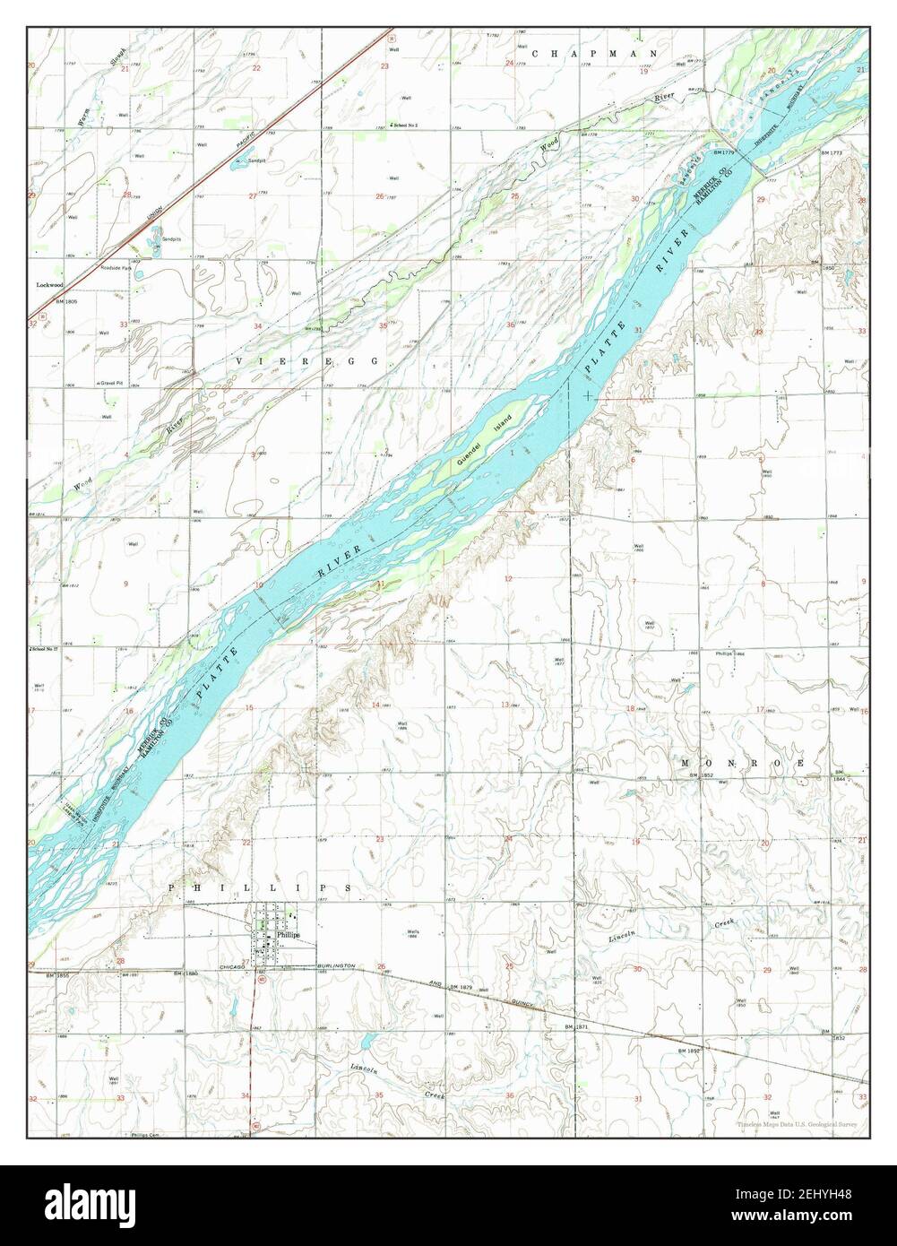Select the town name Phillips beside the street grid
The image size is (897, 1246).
pyautogui.click(x=288, y=934)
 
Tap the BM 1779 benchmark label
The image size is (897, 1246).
pyautogui.click(x=725, y=153)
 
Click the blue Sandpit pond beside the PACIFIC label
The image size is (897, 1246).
pyautogui.click(x=237, y=164)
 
